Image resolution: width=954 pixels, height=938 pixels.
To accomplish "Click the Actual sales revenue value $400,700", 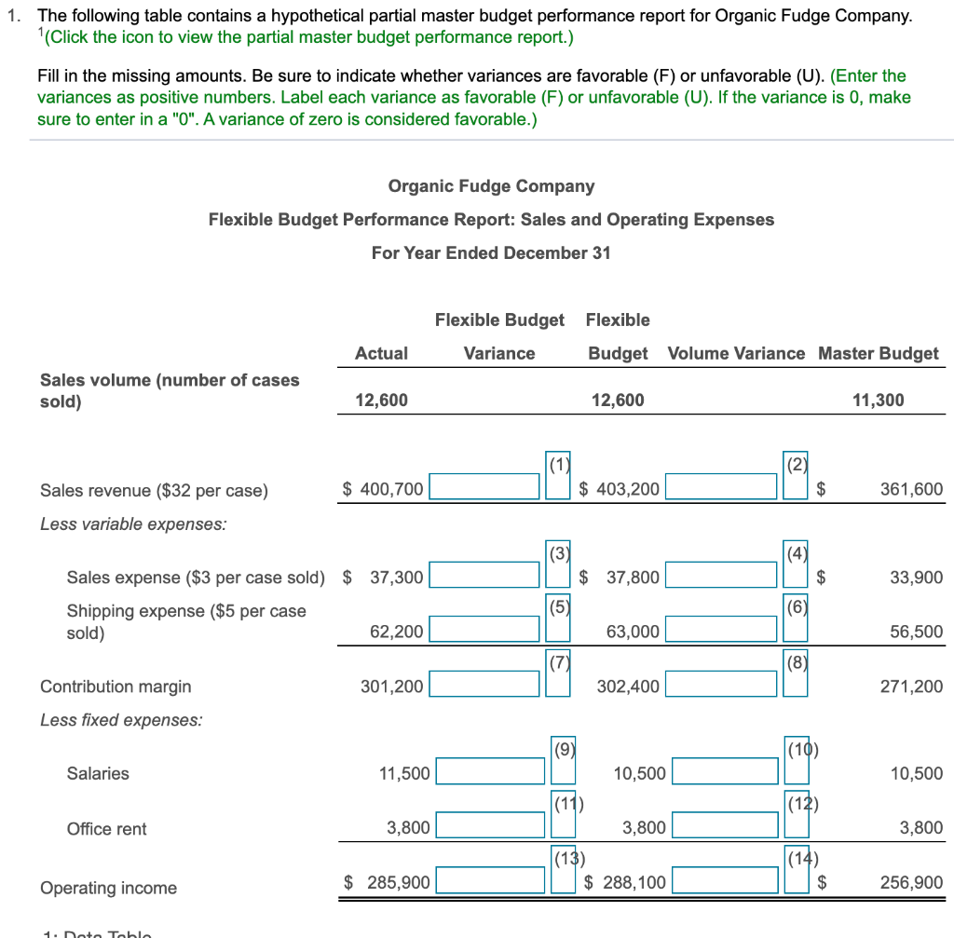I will pos(383,489).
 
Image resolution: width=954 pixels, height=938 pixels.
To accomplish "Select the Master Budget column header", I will pos(878,353).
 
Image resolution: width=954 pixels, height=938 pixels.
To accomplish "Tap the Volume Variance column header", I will pos(736,353).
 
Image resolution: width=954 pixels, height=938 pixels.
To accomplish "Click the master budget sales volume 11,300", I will pos(878,401).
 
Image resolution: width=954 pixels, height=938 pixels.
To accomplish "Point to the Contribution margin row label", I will pos(116,687).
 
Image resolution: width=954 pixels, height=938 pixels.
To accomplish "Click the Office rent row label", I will pos(106,829).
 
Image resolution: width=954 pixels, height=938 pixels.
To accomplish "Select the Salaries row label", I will pos(98,773).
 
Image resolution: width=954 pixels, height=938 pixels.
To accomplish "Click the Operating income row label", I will pos(108,888).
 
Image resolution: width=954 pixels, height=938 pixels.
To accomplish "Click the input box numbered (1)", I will pos(484,487).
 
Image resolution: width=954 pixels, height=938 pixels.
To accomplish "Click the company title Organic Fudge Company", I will pos(491,186).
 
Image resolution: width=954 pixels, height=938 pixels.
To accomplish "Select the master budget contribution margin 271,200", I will pos(911,687).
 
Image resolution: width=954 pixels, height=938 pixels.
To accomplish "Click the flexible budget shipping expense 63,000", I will pos(633,632).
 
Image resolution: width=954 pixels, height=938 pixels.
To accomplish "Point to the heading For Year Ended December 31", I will pos(491,253).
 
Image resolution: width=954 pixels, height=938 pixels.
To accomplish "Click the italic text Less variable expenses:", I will pos(132,523).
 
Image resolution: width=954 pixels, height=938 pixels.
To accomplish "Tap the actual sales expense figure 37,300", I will pos(396,578).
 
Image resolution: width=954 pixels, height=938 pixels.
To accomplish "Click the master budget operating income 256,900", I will pos(911,882).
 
